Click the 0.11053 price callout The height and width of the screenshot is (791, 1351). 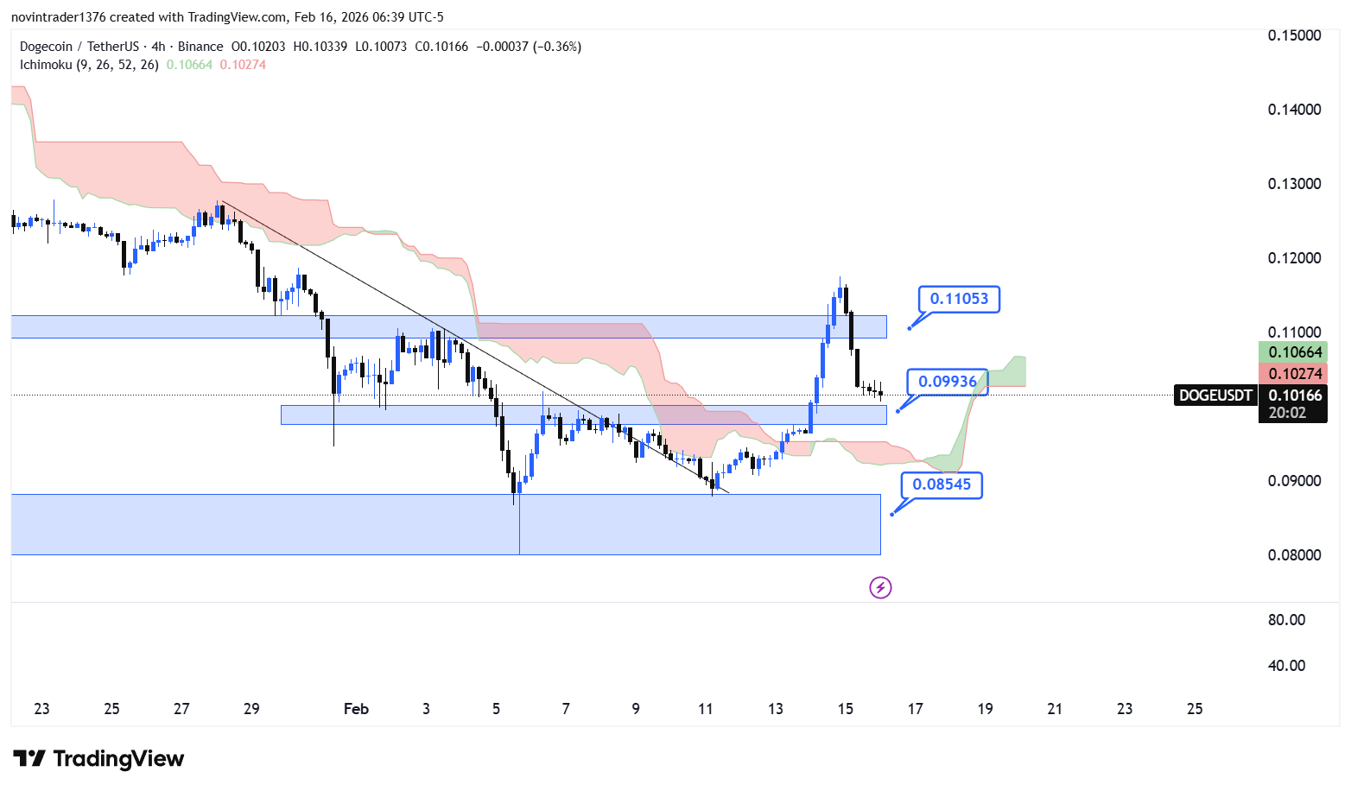pos(959,299)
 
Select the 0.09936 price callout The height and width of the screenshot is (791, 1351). pos(947,382)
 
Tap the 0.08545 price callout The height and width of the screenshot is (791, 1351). pos(942,484)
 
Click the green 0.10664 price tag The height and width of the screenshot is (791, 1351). pos(1294,352)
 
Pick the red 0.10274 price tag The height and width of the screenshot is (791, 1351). pos(1294,374)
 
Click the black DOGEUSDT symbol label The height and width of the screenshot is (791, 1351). pos(1215,395)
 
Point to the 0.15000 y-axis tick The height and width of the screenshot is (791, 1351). pos(1294,35)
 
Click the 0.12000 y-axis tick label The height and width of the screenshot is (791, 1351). pos(1294,258)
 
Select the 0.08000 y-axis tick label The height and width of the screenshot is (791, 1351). pos(1294,555)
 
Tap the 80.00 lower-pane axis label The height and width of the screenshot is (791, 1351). pos(1286,620)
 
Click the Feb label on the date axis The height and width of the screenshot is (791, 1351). pos(356,709)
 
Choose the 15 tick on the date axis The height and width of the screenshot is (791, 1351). pos(845,709)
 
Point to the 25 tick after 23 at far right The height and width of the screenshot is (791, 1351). pos(1195,709)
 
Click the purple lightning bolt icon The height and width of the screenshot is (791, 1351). pos(880,588)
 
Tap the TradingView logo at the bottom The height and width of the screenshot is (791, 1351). pos(98,759)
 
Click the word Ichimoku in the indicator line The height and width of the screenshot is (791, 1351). pos(46,65)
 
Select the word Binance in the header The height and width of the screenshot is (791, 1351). pos(200,47)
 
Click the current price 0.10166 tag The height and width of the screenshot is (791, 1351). pos(1294,395)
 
